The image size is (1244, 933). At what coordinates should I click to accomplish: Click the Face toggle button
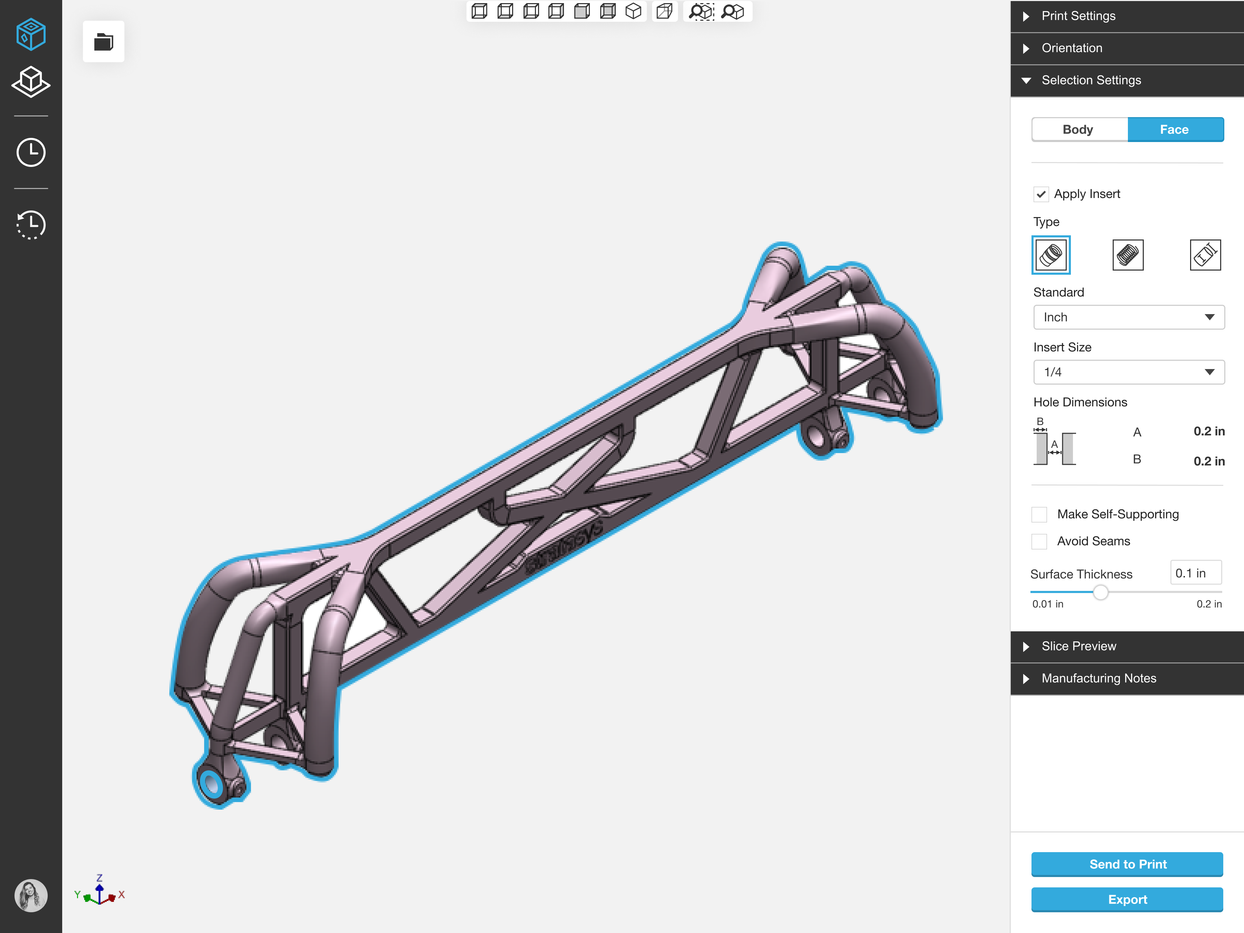1175,129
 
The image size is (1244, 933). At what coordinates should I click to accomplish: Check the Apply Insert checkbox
1041,194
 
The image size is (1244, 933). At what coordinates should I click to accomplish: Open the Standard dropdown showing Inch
1129,317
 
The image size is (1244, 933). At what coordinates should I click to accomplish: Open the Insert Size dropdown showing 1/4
1129,372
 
